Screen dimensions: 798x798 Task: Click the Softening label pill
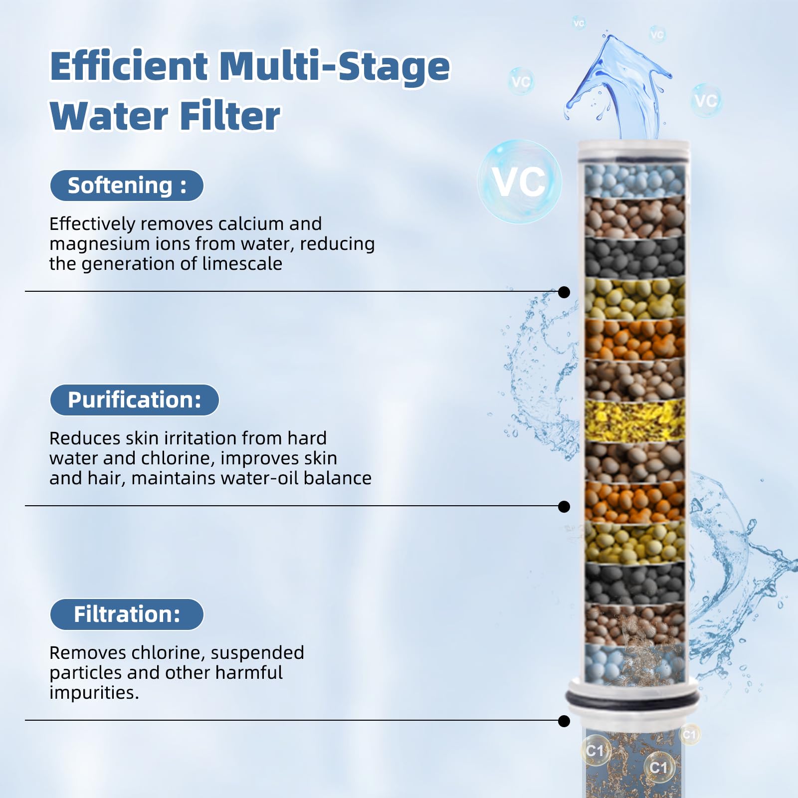[x=127, y=186]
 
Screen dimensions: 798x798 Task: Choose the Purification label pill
[x=135, y=400]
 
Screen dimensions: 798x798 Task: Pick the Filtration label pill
[x=127, y=614]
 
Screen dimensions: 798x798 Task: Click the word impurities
[x=94, y=693]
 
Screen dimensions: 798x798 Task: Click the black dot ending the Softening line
[x=564, y=292]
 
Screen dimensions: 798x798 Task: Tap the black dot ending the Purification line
[x=564, y=507]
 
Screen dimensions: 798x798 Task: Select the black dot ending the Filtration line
[x=564, y=721]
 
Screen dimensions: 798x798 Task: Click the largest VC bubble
[x=520, y=182]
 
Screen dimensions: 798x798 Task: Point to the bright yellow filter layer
[x=634, y=420]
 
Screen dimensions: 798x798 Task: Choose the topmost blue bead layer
[x=634, y=180]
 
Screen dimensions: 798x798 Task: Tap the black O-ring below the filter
[x=632, y=699]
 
